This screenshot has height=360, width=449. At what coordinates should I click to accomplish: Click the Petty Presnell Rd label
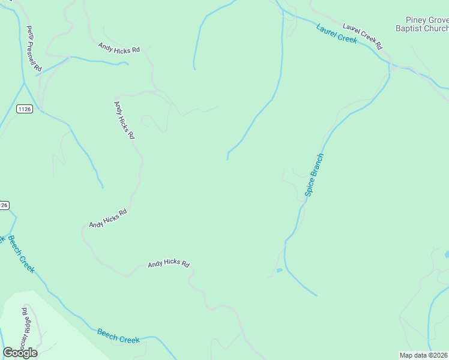click(x=33, y=49)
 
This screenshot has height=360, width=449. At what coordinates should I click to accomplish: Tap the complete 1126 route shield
click(x=24, y=109)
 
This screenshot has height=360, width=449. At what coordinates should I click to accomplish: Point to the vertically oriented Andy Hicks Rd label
click(x=124, y=120)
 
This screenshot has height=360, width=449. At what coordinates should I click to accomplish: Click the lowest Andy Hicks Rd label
click(x=169, y=263)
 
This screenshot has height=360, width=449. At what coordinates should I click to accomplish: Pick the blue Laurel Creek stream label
click(x=337, y=34)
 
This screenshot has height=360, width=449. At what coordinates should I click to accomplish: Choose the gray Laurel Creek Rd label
click(x=362, y=36)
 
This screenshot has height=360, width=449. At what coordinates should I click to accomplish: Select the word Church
click(x=435, y=28)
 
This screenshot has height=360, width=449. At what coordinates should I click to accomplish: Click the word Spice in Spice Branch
click(x=310, y=185)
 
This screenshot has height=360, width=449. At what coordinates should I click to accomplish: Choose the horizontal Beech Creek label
click(x=118, y=335)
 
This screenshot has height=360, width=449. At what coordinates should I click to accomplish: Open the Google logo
click(x=20, y=352)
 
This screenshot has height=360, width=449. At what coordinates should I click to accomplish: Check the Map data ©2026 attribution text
click(x=423, y=355)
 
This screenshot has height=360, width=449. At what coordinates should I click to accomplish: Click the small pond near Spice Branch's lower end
click(x=279, y=271)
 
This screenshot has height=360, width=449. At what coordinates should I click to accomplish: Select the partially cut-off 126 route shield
click(x=4, y=205)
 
